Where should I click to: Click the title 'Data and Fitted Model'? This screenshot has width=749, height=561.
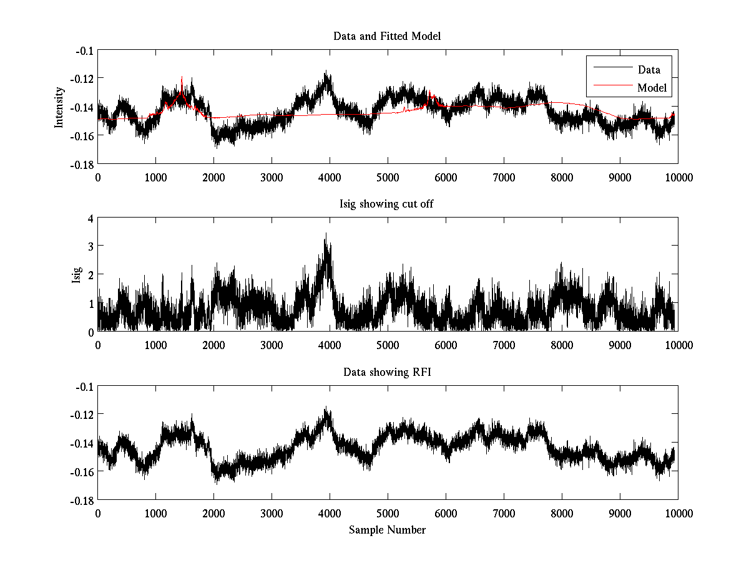[x=387, y=36]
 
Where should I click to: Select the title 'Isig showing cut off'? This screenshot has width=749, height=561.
[x=387, y=204]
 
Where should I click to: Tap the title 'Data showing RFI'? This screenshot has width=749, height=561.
[x=387, y=373]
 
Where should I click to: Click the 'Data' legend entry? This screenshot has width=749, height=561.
[x=649, y=70]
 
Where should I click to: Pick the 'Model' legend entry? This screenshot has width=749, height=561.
[x=652, y=88]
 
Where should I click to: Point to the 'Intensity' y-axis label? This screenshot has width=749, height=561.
[x=59, y=107]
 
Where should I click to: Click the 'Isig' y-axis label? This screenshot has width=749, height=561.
[x=76, y=275]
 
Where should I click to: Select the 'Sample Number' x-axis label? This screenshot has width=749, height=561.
[x=387, y=530]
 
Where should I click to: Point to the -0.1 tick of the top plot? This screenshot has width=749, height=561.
[x=84, y=50]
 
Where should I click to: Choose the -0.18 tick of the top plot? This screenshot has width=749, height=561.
[x=82, y=164]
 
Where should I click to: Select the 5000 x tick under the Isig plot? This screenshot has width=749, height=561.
[x=388, y=345]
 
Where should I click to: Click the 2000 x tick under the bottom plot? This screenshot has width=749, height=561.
[x=213, y=514]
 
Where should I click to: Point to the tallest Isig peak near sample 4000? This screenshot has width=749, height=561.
[x=326, y=234]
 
